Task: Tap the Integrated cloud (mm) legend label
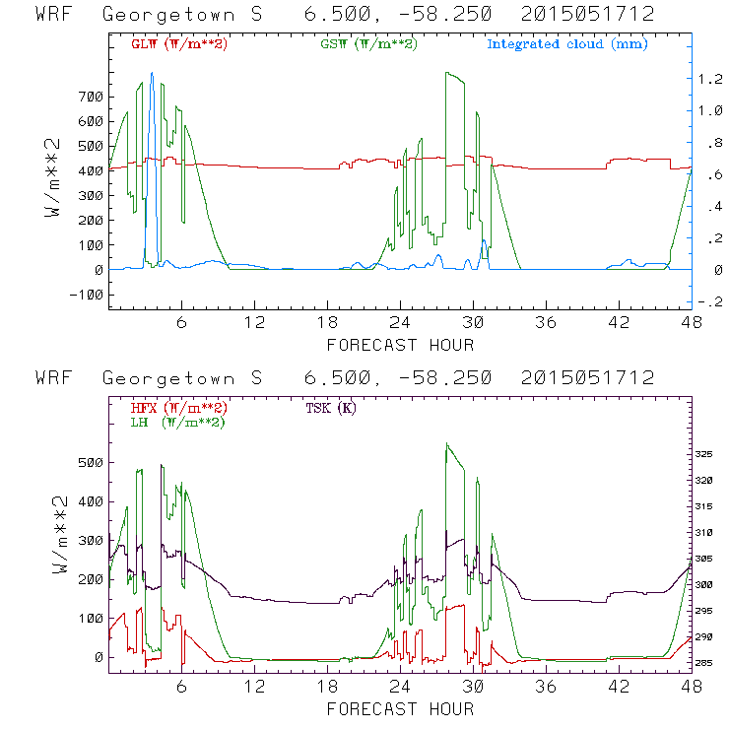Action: (566, 44)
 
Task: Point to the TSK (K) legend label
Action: (331, 407)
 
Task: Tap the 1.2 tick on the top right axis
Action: (710, 79)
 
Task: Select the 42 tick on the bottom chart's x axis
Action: (619, 688)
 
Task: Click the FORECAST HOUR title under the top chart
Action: (400, 345)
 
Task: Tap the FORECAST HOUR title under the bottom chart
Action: (400, 709)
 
